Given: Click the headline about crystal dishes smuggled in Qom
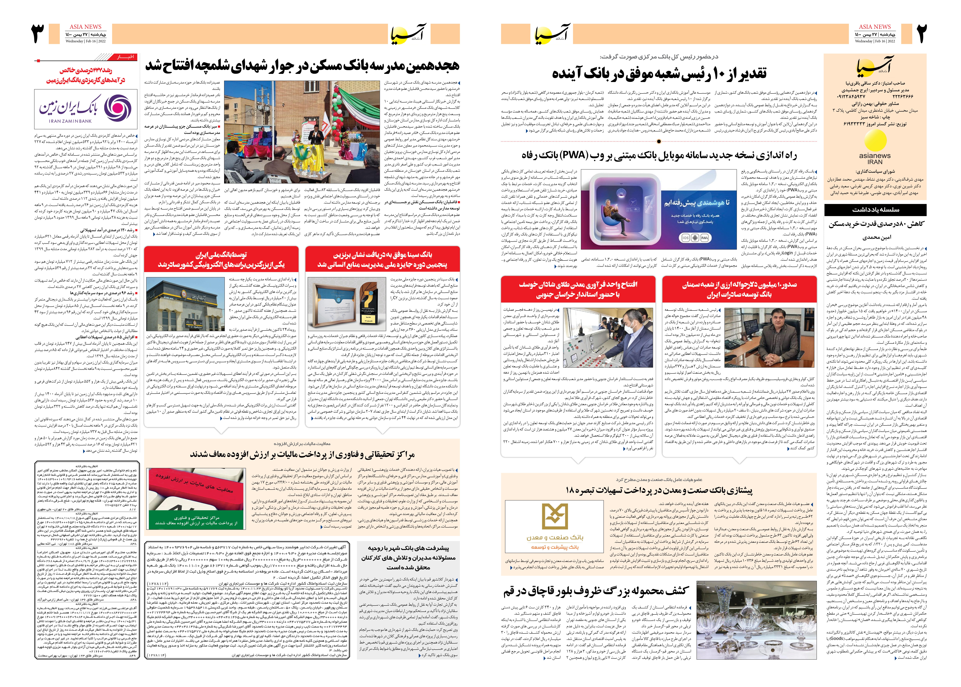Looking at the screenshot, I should tap(596, 591).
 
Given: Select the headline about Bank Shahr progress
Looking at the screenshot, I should tap(408, 558).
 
